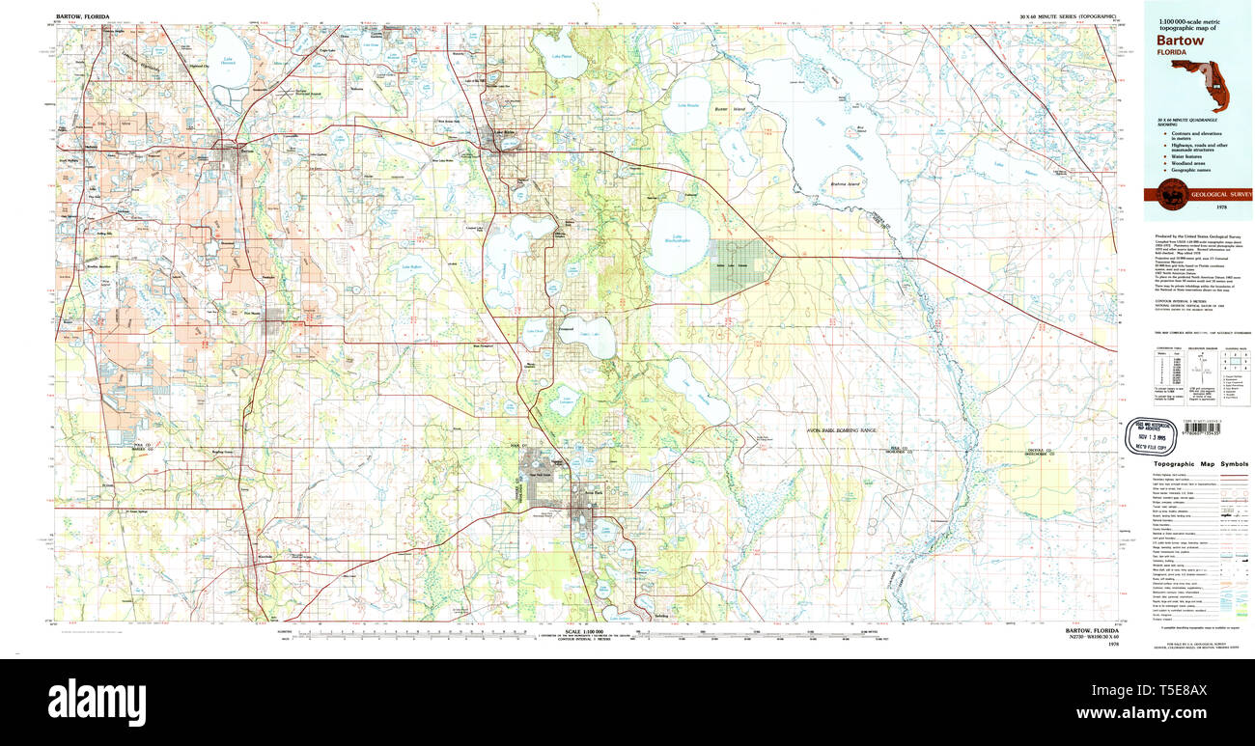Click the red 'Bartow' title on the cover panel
(1175, 42)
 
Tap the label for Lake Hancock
(229, 65)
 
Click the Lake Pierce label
(561, 56)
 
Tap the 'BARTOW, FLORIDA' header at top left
(83, 17)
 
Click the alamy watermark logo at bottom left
(97, 697)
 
